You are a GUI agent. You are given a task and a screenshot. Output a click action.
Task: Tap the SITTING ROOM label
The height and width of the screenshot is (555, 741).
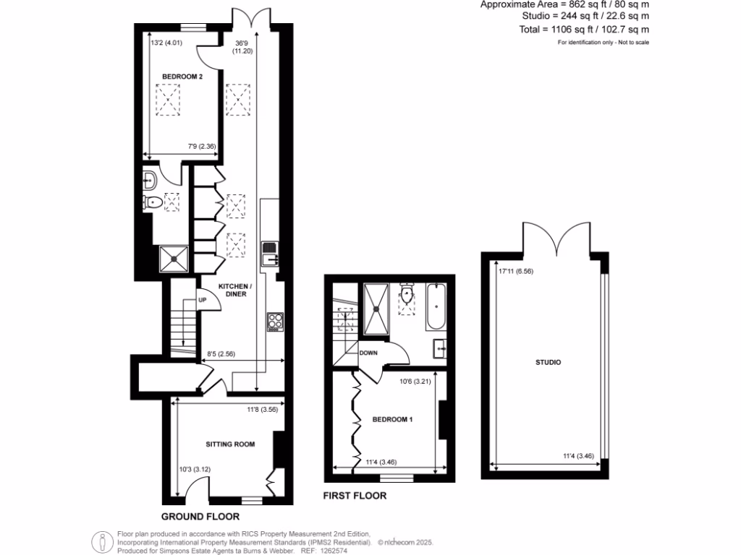pyautogui.click(x=230, y=444)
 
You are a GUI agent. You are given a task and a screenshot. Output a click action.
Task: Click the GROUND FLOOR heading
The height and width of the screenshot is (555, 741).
pyautogui.click(x=200, y=517)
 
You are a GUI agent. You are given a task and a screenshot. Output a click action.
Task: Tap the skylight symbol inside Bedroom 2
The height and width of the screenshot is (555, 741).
pyautogui.click(x=169, y=99)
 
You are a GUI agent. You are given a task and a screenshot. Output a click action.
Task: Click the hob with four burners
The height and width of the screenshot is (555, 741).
pyautogui.click(x=275, y=321)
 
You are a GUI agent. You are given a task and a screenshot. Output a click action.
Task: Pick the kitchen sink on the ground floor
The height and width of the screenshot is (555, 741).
pyautogui.click(x=270, y=254)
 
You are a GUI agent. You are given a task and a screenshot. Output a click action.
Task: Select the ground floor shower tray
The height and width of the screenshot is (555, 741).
pyautogui.click(x=174, y=257)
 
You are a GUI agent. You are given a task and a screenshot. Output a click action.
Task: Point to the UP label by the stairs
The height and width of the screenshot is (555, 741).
pyautogui.click(x=203, y=300)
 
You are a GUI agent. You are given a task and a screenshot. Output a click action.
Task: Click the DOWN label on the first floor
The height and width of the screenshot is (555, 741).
pyautogui.click(x=369, y=353)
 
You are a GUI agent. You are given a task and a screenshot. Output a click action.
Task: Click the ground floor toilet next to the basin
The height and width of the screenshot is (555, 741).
pyautogui.click(x=153, y=202)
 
